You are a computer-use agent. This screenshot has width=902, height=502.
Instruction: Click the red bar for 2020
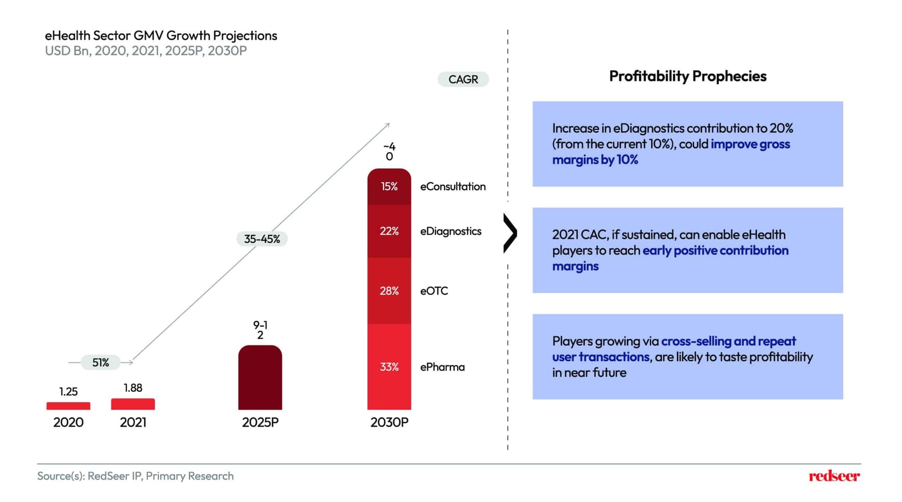(x=68, y=406)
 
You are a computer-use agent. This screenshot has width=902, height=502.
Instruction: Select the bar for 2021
(x=133, y=404)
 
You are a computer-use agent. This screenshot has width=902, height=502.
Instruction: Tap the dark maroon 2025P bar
(x=260, y=377)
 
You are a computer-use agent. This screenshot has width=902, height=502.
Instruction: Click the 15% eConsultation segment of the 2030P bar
(x=389, y=187)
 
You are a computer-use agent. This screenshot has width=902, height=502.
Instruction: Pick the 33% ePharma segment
(x=389, y=367)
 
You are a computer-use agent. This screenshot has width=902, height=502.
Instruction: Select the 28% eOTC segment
(x=389, y=291)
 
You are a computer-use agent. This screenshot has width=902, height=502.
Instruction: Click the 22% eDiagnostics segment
(x=389, y=231)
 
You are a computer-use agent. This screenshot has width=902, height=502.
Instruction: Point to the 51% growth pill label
(x=101, y=362)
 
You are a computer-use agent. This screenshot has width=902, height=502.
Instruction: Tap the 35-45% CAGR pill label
(x=262, y=239)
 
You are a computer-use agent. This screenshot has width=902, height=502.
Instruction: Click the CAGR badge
(x=463, y=79)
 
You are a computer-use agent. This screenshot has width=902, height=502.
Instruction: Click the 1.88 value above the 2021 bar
(x=133, y=388)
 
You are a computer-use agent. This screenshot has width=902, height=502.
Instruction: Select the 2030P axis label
(x=389, y=422)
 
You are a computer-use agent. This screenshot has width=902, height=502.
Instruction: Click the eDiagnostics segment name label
(x=451, y=231)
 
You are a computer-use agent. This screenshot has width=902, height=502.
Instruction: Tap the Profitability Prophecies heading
(x=688, y=76)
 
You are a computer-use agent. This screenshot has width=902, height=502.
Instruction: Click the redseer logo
(x=834, y=476)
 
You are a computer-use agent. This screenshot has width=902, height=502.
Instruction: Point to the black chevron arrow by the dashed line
(x=511, y=233)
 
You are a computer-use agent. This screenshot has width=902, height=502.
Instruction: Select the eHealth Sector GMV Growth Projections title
(x=161, y=36)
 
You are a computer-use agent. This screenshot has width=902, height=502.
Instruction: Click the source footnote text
(x=135, y=476)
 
